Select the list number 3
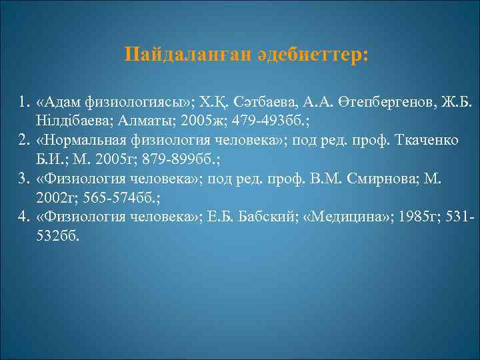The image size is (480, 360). click(24, 179)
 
